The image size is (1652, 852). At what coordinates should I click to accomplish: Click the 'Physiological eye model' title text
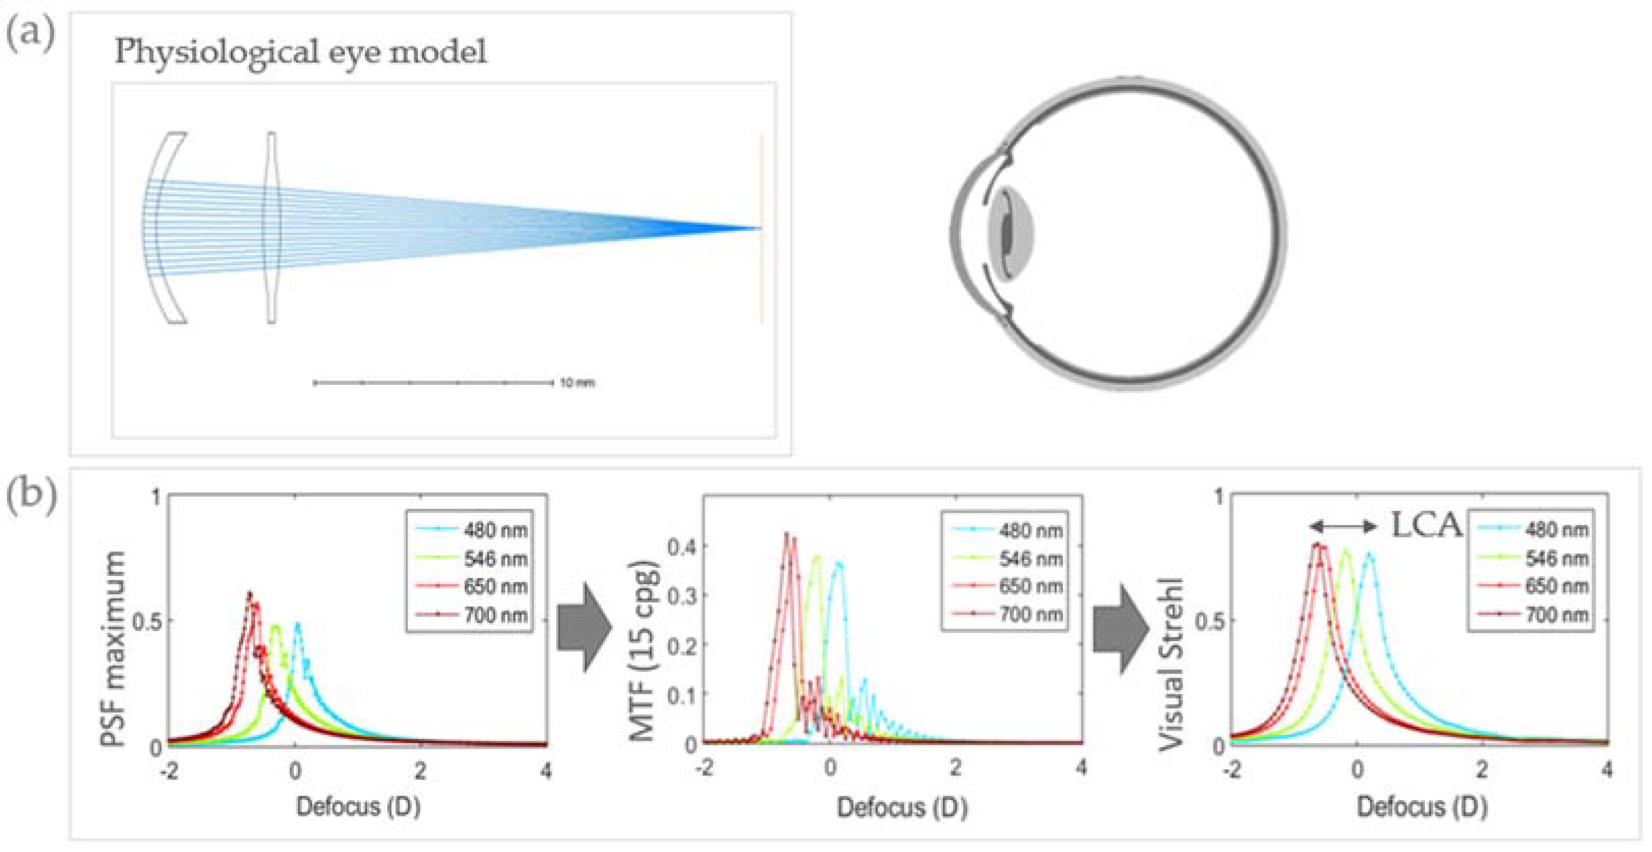[x=300, y=51]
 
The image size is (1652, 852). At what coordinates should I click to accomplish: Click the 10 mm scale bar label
[x=577, y=383]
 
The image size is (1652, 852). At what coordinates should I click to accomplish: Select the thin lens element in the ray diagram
[x=272, y=228]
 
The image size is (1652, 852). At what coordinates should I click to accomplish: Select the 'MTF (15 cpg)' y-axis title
[x=643, y=651]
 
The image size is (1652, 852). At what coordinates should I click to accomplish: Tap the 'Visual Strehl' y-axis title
[x=1172, y=663]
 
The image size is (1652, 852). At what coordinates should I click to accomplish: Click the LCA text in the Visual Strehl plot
[x=1426, y=526]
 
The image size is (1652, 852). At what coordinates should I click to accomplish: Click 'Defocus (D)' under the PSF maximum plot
[x=358, y=806]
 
